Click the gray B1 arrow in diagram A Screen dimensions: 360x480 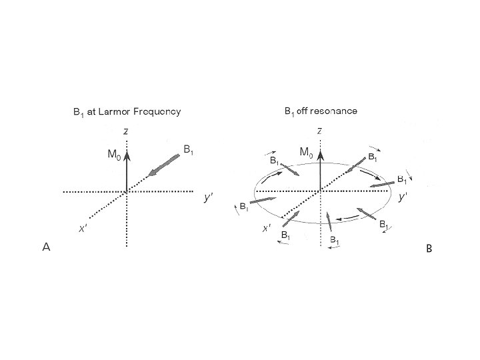[165, 165]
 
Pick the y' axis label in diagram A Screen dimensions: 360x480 [208, 198]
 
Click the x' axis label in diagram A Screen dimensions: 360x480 [82, 229]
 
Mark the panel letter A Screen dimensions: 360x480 [47, 247]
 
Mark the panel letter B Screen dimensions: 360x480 [429, 249]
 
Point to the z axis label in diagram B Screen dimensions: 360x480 [321, 131]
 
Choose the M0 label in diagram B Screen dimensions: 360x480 [306, 153]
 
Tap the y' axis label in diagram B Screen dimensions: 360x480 [403, 197]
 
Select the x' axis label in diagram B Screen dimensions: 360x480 [266, 229]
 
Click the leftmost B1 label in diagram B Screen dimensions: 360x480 [245, 207]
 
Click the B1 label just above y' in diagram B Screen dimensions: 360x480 [403, 179]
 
